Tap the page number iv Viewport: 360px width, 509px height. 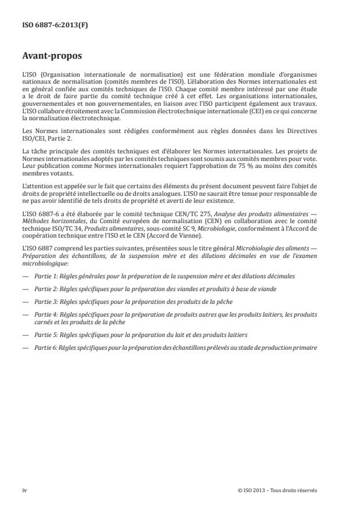pyautogui.click(x=24, y=490)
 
